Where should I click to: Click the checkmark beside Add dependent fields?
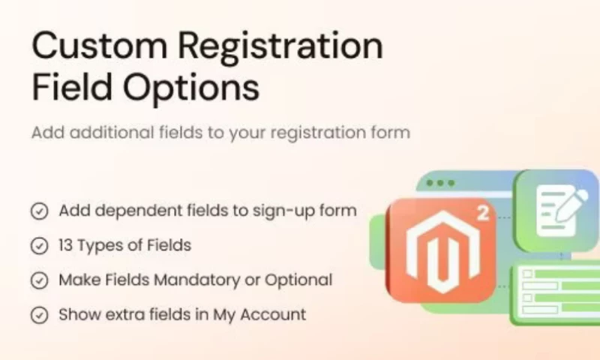[x=39, y=211]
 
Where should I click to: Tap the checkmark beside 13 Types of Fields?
[x=39, y=245]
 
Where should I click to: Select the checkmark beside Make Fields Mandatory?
[x=39, y=280]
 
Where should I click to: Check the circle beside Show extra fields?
[x=39, y=315]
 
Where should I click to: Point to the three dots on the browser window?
[x=440, y=183]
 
